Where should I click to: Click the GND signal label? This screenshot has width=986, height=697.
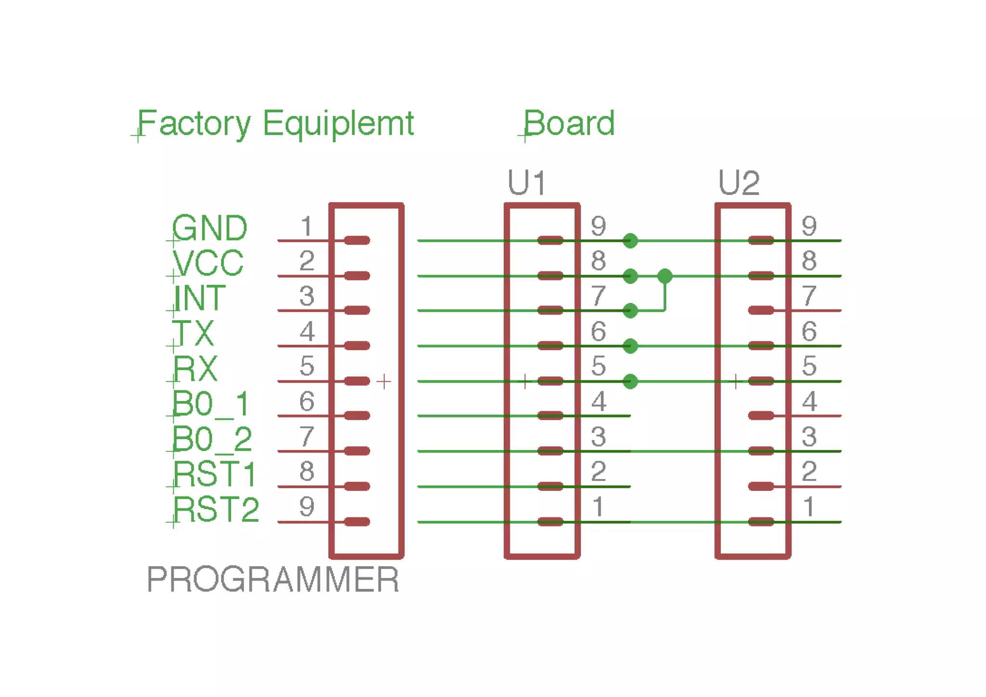tap(210, 228)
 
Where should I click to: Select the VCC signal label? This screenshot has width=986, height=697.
tap(208, 263)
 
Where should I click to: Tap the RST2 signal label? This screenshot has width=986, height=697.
tap(216, 510)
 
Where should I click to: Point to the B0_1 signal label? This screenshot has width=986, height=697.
tap(211, 403)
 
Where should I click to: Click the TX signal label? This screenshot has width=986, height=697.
tap(194, 333)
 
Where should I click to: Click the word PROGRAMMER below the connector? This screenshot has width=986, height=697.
tap(273, 580)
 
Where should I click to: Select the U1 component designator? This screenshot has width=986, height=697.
tap(527, 183)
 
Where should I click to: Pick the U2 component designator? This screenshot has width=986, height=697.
tap(739, 183)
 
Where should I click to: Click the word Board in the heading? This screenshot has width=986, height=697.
tap(569, 124)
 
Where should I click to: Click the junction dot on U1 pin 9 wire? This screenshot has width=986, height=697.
tap(630, 241)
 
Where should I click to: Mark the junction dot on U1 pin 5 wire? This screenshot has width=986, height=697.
tap(630, 382)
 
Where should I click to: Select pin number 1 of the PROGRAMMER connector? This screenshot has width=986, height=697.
tap(307, 226)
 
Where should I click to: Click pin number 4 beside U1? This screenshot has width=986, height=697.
tap(598, 401)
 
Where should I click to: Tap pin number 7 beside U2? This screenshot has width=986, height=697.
tap(809, 296)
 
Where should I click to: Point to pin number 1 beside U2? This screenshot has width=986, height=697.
tap(809, 507)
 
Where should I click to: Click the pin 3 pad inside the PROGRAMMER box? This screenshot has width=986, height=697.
tap(357, 310)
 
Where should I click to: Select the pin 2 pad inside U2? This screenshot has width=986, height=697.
tap(761, 487)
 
